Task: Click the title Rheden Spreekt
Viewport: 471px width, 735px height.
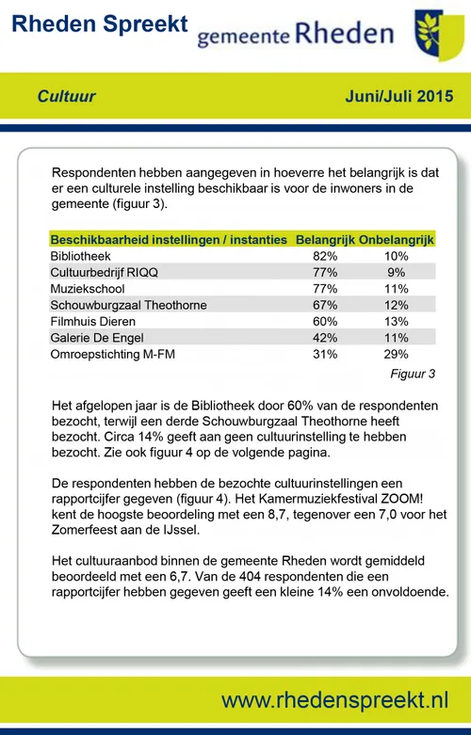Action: point(99,24)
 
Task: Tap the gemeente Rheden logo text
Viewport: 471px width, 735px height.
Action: point(295,35)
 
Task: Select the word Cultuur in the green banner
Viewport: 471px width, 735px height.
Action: point(67,96)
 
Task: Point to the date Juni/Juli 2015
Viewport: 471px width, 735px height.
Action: point(400,96)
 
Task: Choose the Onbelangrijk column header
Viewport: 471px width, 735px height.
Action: point(397,240)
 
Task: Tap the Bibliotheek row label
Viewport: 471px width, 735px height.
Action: point(81,256)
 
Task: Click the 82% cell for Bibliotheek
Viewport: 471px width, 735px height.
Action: point(324,256)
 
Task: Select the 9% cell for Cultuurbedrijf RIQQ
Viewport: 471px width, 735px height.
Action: point(396,272)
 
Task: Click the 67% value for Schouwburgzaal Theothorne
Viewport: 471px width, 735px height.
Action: point(324,305)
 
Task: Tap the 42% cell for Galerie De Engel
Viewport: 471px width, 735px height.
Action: point(324,338)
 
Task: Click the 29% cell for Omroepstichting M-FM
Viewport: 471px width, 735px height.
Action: point(396,354)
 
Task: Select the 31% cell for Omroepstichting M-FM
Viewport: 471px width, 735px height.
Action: point(324,354)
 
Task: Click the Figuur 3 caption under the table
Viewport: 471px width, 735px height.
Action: point(413,374)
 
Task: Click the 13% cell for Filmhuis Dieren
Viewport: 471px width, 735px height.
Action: point(396,321)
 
